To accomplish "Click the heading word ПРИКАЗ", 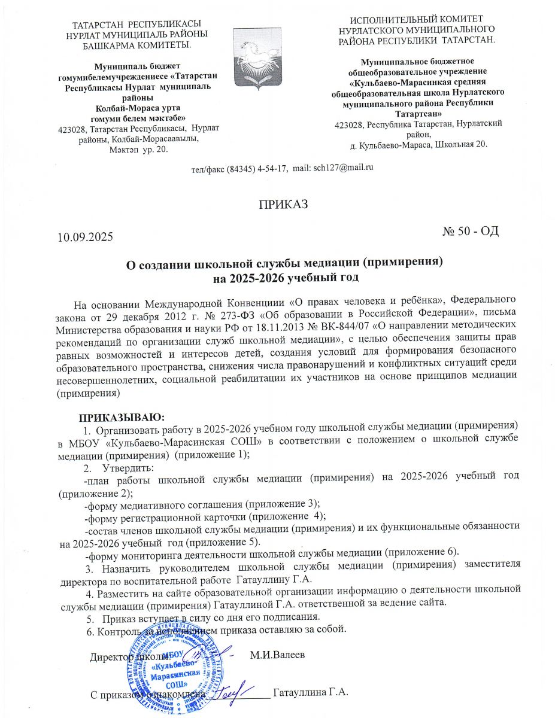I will (x=283, y=205).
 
